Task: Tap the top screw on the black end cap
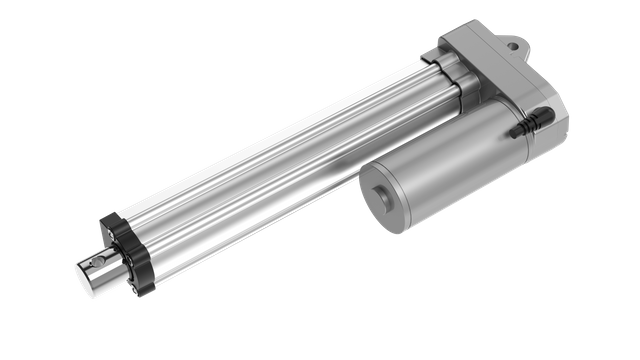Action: [108, 219]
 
